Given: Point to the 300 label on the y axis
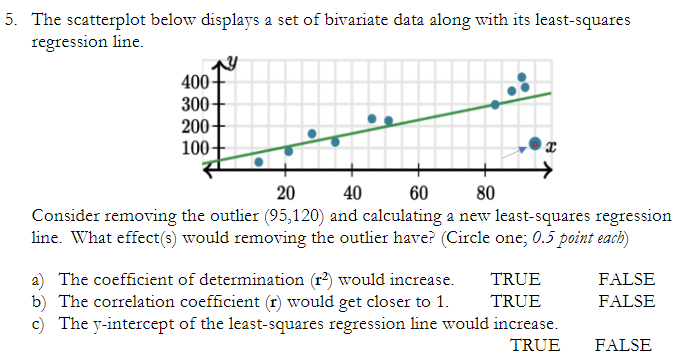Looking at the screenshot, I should click(x=194, y=104).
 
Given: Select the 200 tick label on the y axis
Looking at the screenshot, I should click(x=194, y=126).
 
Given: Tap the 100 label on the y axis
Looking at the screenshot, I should click(x=194, y=148).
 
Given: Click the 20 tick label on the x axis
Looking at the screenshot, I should click(x=285, y=193).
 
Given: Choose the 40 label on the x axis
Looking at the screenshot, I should click(x=352, y=193).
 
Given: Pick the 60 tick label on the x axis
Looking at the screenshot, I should click(x=419, y=193).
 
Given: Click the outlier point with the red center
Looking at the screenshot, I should click(x=535, y=145).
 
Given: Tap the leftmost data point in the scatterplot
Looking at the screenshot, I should click(x=259, y=161).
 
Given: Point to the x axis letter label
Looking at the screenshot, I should click(x=551, y=146).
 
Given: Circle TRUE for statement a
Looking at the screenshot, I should click(x=515, y=280).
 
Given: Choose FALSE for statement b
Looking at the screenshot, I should click(x=626, y=300).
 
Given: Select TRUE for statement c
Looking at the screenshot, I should click(x=535, y=346).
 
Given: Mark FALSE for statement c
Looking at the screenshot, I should click(x=622, y=346).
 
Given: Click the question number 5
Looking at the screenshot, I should click(x=8, y=21).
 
